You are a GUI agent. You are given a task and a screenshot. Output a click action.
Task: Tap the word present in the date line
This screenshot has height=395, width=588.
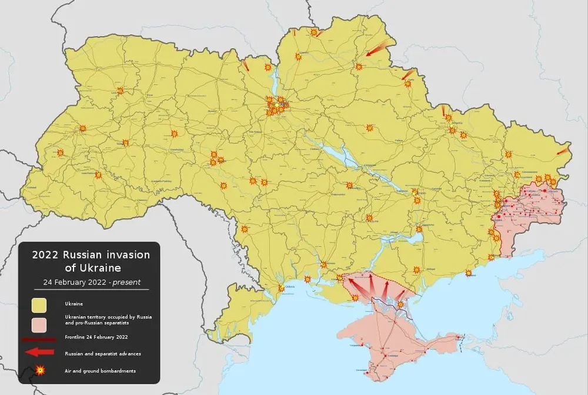(126, 282)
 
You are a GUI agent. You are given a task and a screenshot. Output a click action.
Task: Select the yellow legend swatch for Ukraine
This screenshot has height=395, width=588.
(39, 304)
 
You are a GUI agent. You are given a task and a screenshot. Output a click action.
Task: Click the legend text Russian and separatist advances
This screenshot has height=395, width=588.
(103, 353)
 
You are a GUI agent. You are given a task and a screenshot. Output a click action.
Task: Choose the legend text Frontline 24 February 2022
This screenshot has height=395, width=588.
(96, 337)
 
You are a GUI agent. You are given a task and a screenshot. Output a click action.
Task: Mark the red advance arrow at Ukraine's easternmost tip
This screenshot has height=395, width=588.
(562, 150)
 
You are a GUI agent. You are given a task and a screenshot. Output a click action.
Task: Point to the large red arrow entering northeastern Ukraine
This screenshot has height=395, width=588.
(376, 48)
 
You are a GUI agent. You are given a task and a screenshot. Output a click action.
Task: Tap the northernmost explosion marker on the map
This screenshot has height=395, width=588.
(314, 32)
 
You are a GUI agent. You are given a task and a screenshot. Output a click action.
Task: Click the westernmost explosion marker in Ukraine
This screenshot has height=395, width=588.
(60, 153)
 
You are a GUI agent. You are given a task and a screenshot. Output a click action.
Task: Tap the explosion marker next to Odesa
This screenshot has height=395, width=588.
(281, 288)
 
